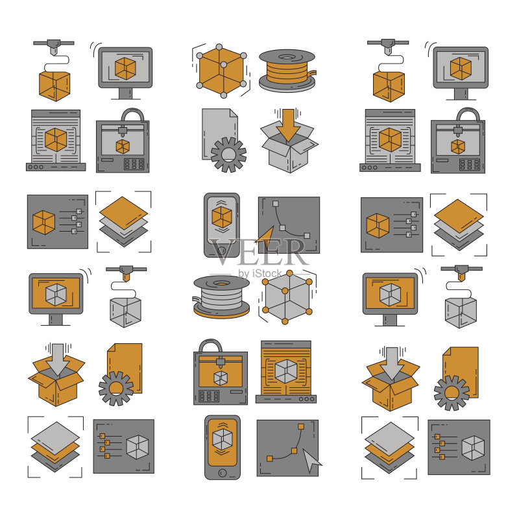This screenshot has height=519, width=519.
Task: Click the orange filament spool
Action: point(287,71)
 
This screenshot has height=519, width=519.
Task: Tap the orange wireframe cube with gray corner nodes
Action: point(221,71)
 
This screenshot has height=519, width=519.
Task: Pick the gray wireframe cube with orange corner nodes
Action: point(287,297)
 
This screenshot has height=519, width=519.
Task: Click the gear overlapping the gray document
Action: point(228,154)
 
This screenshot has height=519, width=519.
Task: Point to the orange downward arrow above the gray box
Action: point(288,125)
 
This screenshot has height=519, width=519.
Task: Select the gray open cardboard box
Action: point(289,147)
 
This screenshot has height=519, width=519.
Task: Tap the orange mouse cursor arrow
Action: point(265,237)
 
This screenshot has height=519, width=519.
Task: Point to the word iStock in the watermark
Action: point(267,274)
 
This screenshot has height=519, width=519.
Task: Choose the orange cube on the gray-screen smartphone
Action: point(222,217)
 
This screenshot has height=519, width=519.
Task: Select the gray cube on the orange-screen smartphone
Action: point(223,440)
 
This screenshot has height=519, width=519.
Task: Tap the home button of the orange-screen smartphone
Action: point(223,472)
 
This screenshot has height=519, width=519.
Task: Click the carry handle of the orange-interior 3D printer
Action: point(210,346)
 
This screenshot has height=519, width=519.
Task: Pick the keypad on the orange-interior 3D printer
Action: point(209,396)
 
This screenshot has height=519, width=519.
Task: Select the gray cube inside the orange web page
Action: point(286,372)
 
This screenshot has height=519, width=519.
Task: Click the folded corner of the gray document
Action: point(234,114)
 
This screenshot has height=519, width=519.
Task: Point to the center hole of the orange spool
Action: point(287,57)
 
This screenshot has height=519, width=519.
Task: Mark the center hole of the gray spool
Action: point(221,284)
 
